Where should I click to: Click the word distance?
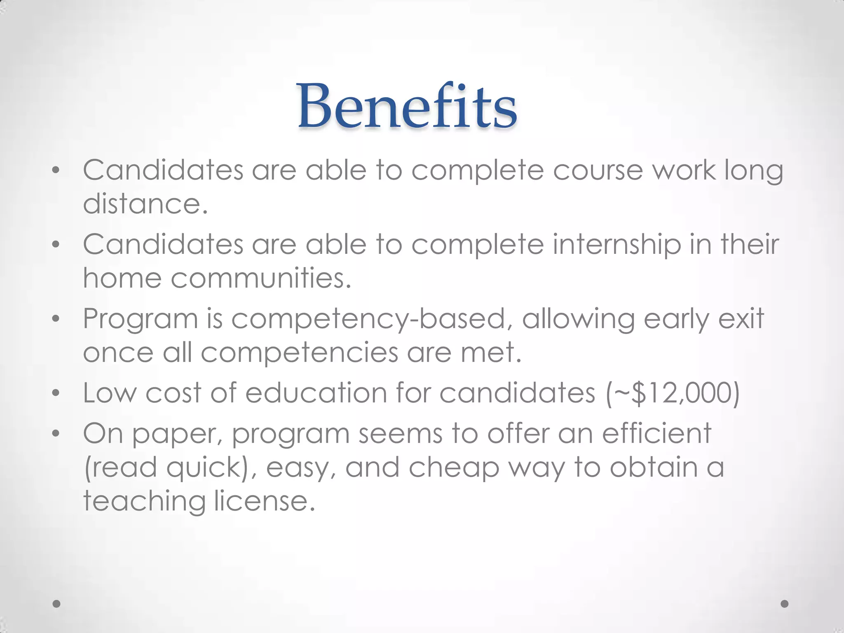tap(145, 204)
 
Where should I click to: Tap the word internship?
tap(617, 245)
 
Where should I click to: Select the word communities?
tap(260, 278)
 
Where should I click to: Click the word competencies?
tap(300, 353)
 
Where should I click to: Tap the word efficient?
tap(657, 434)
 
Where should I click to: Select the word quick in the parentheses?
tap(204, 468)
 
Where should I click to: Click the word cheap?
tap(454, 468)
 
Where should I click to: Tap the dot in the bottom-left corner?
tap(57, 604)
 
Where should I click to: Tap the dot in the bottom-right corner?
tap(785, 604)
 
